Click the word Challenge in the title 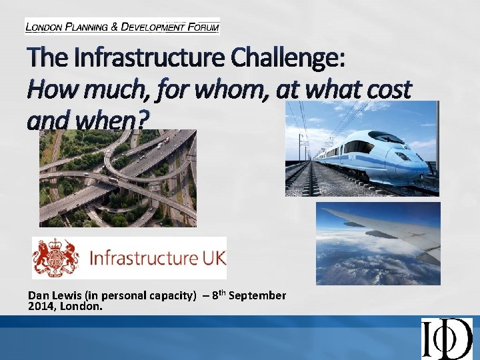[x=287, y=59]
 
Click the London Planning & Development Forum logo [x=122, y=27]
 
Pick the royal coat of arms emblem [x=56, y=257]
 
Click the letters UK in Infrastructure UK [x=208, y=257]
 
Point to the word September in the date [x=258, y=295]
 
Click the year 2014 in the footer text [x=39, y=306]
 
